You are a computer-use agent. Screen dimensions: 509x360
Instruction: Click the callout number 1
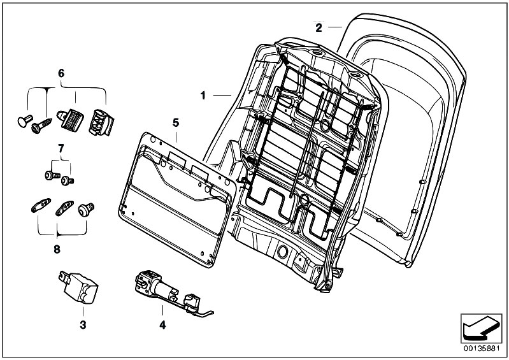click(x=203, y=96)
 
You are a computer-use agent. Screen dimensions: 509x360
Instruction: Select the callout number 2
click(x=319, y=28)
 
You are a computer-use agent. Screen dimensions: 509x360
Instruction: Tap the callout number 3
click(x=83, y=324)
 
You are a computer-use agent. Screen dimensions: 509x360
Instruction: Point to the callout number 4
click(x=162, y=324)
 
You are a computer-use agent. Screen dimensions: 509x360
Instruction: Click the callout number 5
click(x=176, y=123)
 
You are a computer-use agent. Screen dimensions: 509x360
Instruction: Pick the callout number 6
click(x=61, y=73)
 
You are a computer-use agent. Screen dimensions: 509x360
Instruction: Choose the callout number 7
click(x=61, y=148)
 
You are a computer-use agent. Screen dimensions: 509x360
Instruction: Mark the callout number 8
click(x=57, y=249)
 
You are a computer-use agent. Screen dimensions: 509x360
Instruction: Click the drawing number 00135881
click(x=481, y=349)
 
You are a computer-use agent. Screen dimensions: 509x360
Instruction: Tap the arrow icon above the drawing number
click(x=481, y=329)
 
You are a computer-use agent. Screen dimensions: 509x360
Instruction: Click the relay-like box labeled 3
click(x=78, y=287)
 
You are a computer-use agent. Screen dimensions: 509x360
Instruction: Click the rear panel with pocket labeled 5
click(x=177, y=199)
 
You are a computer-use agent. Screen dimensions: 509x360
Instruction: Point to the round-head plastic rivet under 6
click(x=25, y=121)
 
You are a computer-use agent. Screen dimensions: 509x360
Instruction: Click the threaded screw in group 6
click(x=41, y=126)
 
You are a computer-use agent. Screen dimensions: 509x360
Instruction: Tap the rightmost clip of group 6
click(x=101, y=122)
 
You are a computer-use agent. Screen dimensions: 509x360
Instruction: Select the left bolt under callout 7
click(x=52, y=175)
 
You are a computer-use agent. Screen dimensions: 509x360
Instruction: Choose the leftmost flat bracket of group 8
click(x=41, y=205)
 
